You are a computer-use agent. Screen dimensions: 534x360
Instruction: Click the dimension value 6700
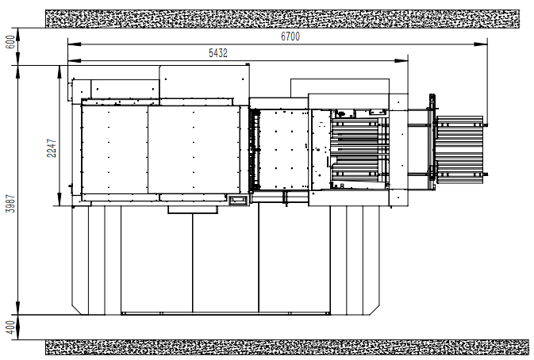[x=290, y=36]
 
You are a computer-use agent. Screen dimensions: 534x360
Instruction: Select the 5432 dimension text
[x=218, y=53]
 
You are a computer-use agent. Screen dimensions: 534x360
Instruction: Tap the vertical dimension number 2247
[x=52, y=148]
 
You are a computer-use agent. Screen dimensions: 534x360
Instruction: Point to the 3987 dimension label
[x=11, y=204]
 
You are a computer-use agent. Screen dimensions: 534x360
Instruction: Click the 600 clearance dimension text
[x=11, y=42]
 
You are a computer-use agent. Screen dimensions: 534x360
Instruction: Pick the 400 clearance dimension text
[x=11, y=327]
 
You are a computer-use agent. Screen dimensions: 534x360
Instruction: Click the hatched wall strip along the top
[x=282, y=19]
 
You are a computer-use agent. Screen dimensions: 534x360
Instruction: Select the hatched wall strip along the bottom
[x=287, y=347]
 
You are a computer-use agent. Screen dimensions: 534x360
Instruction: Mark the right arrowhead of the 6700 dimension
[x=481, y=44]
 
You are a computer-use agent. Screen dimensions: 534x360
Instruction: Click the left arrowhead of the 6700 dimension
[x=75, y=44]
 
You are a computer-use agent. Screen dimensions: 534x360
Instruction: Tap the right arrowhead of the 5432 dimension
[x=401, y=60]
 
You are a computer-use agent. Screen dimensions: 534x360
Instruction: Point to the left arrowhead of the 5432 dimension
[x=75, y=60]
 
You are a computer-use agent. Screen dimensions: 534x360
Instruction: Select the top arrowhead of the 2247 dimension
[x=60, y=72]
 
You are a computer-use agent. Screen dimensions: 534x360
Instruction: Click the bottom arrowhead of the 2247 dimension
[x=60, y=199]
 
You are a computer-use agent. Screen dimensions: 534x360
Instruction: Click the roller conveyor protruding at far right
[x=459, y=150]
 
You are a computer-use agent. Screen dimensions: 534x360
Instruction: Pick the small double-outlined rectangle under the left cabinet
[x=238, y=200]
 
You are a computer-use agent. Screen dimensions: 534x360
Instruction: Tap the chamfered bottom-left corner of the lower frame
[x=77, y=309]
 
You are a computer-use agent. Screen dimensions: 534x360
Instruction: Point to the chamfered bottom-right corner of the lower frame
[x=375, y=309]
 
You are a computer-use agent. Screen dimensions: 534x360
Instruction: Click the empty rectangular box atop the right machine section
[x=340, y=88]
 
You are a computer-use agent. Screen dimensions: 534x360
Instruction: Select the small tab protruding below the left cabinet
[x=193, y=209]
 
